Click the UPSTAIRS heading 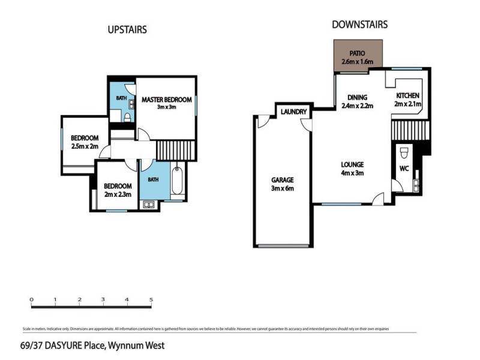tap(127, 29)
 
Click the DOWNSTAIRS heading tap(359, 25)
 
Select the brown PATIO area tap(358, 57)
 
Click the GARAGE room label tap(282, 179)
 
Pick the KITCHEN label tap(408, 96)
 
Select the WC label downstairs tap(404, 169)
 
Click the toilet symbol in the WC tap(404, 151)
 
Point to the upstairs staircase tap(176, 149)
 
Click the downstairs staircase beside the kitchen tap(407, 128)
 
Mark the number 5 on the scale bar tap(151, 299)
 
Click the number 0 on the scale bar tap(31, 299)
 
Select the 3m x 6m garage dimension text tap(282, 188)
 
